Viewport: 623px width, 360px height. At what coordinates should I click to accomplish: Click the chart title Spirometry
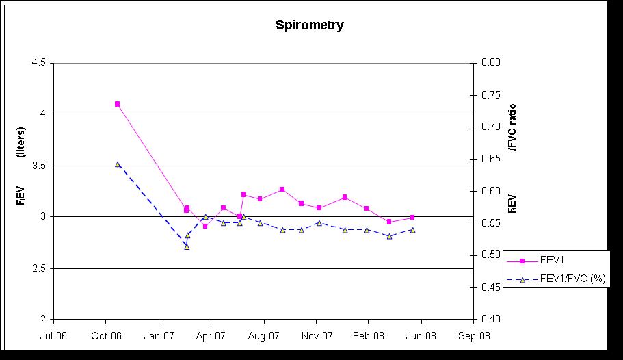click(310, 26)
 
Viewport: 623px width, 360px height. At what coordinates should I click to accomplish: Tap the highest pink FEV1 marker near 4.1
click(118, 104)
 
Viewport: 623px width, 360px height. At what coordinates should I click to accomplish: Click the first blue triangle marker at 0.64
click(118, 164)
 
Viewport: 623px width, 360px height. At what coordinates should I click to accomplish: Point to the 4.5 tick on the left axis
click(39, 62)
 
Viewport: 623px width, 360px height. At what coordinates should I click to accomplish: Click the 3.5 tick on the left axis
click(39, 165)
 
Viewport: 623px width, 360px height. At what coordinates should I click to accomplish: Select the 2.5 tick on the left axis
click(39, 268)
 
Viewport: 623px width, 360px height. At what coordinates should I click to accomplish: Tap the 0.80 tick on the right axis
click(490, 62)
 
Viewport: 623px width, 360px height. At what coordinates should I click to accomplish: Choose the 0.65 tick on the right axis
click(490, 159)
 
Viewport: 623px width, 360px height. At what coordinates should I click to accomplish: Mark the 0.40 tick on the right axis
click(490, 319)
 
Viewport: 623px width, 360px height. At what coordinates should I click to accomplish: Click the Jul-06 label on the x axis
click(53, 335)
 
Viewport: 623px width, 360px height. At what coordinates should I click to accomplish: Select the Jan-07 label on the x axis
click(159, 335)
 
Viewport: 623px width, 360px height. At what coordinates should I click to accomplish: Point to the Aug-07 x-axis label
click(263, 335)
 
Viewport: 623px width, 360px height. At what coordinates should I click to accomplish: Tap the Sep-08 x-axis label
click(473, 335)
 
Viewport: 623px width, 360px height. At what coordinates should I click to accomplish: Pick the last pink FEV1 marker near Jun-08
click(412, 218)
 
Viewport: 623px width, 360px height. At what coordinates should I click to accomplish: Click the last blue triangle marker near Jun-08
click(412, 230)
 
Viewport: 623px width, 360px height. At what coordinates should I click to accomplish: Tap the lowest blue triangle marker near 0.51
click(187, 246)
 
